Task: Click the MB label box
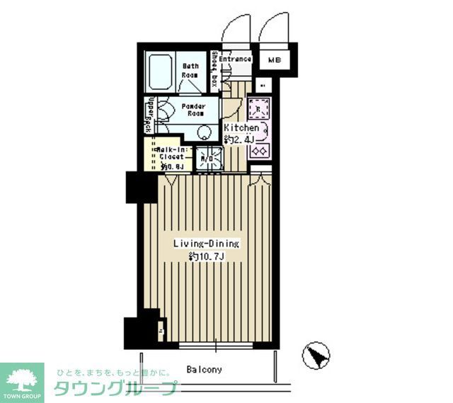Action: [x=274, y=60]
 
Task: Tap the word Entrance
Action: [x=235, y=59]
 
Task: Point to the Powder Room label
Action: [x=193, y=110]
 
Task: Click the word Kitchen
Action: [x=241, y=127]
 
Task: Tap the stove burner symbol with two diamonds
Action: [x=258, y=150]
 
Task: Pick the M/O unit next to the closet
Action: [x=207, y=159]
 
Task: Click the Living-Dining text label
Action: [x=207, y=244]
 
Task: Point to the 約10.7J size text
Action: [x=207, y=256]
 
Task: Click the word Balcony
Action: [x=205, y=370]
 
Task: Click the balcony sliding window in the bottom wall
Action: [x=217, y=345]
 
